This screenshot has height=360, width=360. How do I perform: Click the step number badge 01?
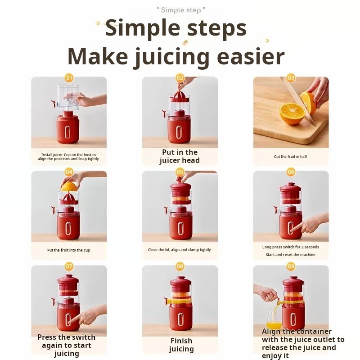coord(69,78)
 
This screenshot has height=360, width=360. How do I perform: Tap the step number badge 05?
coord(180,172)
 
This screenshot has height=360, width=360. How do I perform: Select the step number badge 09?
coord(291,266)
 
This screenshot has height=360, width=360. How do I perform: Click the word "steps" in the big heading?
coord(217,28)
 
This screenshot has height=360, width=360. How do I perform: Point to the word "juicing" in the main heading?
coord(171,57)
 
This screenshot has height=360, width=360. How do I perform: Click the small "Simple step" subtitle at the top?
coord(181,10)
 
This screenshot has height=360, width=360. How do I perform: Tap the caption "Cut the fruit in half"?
coord(290,157)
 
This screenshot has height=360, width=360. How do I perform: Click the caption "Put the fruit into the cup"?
coord(69,250)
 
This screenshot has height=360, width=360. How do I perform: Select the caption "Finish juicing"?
coord(181,345)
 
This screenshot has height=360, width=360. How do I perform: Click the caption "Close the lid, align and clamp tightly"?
coord(179,250)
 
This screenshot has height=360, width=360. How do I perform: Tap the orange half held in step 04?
coord(69,187)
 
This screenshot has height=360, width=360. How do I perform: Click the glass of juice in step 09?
coord(274,320)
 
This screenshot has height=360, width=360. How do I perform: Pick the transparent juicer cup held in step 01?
coord(68,97)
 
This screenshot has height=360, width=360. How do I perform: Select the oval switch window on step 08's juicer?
coord(180,319)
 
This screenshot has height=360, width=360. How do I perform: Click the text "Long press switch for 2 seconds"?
coord(290,247)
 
